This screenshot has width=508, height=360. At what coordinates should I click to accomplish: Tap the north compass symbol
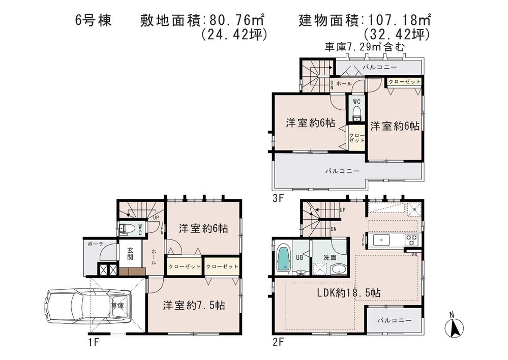454,326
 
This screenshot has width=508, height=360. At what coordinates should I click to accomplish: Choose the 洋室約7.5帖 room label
194,306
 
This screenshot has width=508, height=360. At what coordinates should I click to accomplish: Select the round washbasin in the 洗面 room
338,269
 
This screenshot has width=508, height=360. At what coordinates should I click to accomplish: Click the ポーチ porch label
95,244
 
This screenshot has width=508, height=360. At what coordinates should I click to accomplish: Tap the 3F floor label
278,198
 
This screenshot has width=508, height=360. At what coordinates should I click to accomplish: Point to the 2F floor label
278,342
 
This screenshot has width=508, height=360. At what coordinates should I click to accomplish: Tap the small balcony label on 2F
394,320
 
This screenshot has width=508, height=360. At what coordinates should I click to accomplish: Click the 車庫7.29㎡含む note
365,47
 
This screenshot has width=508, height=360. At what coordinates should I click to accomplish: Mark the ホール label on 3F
344,83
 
